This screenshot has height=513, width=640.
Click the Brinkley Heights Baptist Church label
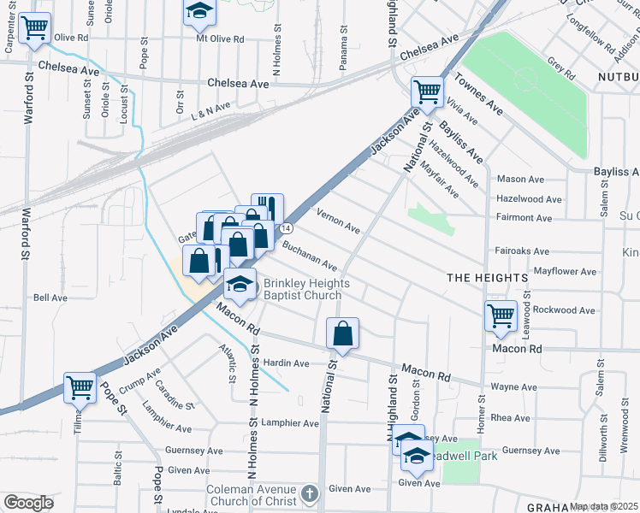[x=303, y=289]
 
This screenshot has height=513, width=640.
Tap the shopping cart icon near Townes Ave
[x=427, y=91]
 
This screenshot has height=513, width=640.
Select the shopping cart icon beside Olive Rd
[x=35, y=28]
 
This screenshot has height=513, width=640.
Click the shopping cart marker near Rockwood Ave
[x=501, y=315]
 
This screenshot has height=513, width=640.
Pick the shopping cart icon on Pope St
[x=80, y=388]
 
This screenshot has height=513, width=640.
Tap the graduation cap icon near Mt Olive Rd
[x=199, y=12]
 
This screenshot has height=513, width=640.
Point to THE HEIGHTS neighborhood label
[x=486, y=279]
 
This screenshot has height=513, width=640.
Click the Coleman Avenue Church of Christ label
[x=250, y=494]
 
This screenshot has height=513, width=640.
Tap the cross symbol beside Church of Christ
[x=310, y=494]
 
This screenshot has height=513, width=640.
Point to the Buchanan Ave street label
[x=311, y=256]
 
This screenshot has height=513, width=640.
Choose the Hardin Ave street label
[x=285, y=363]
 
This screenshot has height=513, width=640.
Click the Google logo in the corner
[x=28, y=503]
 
